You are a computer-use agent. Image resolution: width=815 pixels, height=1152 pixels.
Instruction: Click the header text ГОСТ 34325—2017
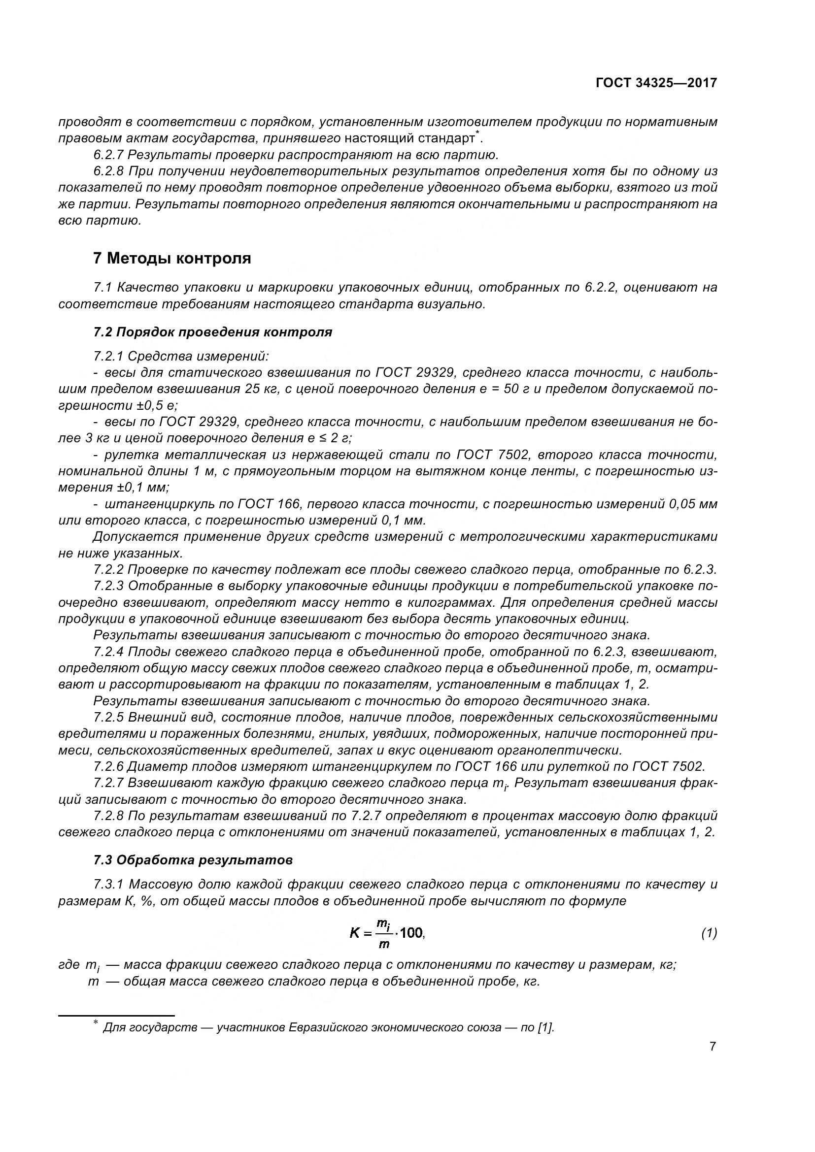pyautogui.click(x=656, y=83)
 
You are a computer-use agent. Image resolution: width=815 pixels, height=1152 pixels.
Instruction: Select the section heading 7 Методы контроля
pyautogui.click(x=171, y=259)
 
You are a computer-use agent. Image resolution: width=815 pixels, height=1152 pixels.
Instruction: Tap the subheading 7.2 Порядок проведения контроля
pyautogui.click(x=212, y=332)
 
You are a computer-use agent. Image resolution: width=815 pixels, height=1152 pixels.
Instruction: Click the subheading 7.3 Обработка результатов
pyautogui.click(x=193, y=860)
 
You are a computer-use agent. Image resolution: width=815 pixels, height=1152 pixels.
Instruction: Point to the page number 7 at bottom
pyautogui.click(x=713, y=1047)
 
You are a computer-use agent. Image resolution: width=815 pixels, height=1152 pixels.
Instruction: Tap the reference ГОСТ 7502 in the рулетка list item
pyautogui.click(x=493, y=455)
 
